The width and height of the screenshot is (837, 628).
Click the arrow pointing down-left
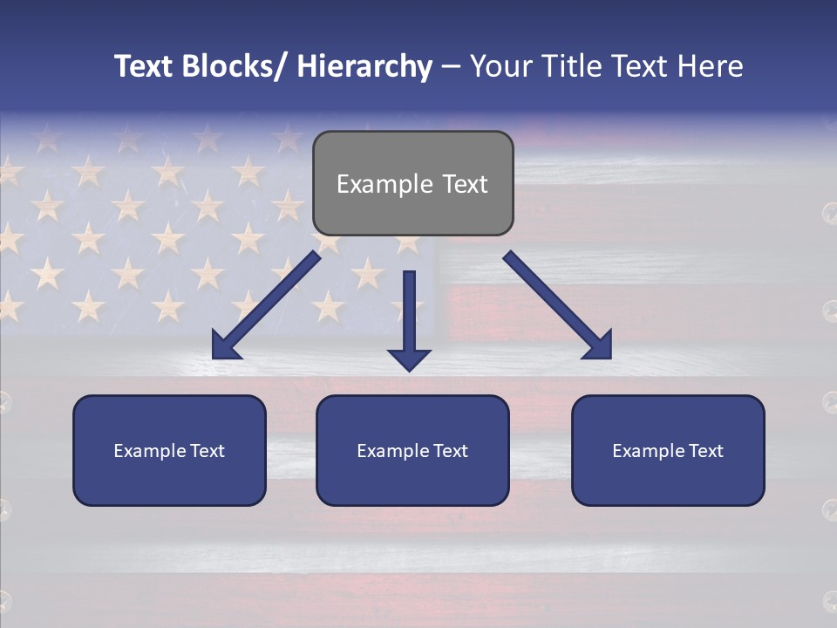click(266, 305)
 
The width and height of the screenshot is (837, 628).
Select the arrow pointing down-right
click(558, 305)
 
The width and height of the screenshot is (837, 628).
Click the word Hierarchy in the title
click(364, 66)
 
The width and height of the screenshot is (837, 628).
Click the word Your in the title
click(500, 66)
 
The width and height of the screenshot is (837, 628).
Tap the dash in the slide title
click(451, 66)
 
